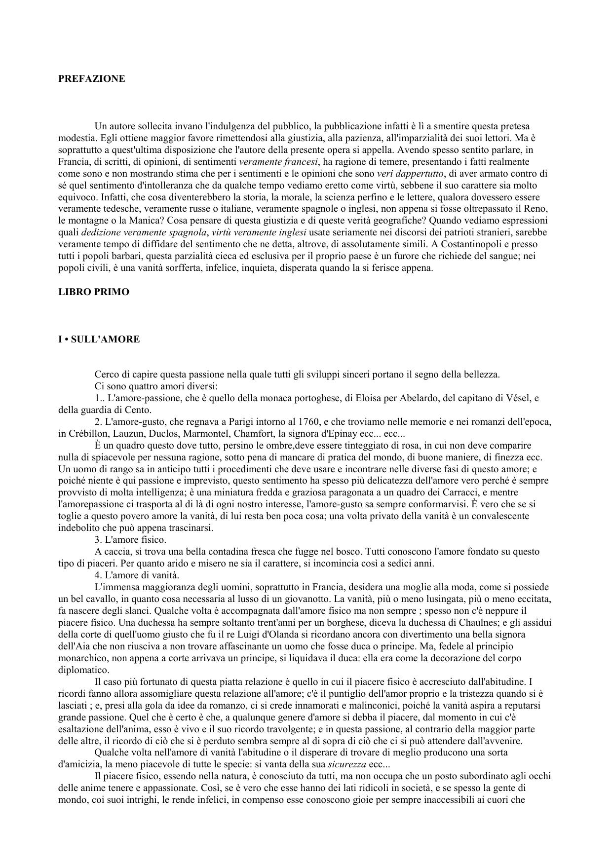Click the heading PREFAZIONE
pos(91,79)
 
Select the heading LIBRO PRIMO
pos(94,292)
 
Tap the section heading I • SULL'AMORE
pos(99,339)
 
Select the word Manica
pos(145,221)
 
